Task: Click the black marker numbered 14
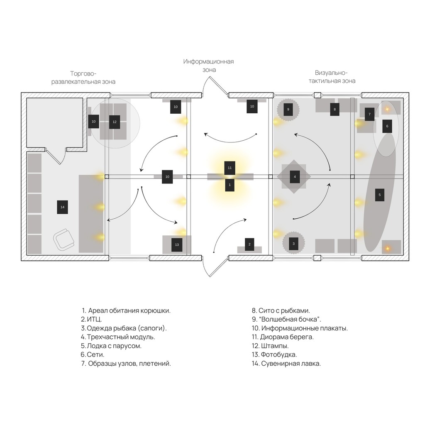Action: (62, 207)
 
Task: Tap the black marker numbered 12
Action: (115, 122)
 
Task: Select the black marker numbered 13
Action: (177, 245)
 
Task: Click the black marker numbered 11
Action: (230, 168)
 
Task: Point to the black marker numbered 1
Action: (230, 185)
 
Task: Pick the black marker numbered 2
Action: (249, 244)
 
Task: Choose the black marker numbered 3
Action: (293, 244)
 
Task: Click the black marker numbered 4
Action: (295, 177)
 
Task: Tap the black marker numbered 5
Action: (379, 195)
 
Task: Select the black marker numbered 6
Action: (387, 126)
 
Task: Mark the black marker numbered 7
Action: (369, 114)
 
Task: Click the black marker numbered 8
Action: (335, 109)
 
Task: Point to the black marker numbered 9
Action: (288, 110)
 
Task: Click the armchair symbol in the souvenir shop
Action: (64, 239)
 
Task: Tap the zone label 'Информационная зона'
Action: (209, 66)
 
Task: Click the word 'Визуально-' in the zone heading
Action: (331, 73)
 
